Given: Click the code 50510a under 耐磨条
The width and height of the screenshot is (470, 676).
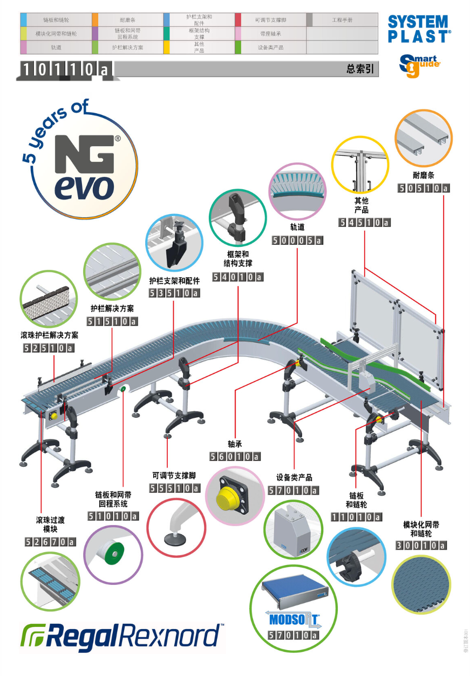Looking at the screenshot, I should pyautogui.click(x=424, y=188).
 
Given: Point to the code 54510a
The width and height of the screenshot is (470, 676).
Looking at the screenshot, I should pyautogui.click(x=364, y=222).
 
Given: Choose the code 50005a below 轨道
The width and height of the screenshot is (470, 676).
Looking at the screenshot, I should pyautogui.click(x=297, y=240).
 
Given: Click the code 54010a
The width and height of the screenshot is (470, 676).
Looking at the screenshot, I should pyautogui.click(x=237, y=277).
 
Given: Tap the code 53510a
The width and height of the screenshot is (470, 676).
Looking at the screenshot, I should pyautogui.click(x=174, y=293).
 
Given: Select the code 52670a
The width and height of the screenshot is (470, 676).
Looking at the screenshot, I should pyautogui.click(x=50, y=542).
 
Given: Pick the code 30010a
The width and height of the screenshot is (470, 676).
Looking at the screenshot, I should pyautogui.click(x=421, y=546).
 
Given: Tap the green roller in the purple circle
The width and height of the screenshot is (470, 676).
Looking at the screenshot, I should pyautogui.click(x=114, y=554).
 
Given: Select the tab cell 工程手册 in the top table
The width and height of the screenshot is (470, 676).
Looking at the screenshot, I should pyautogui.click(x=342, y=20).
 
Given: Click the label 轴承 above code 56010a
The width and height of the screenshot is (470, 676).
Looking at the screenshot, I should pyautogui.click(x=235, y=444).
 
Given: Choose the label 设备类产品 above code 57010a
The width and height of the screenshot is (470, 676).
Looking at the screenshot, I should pyautogui.click(x=294, y=478).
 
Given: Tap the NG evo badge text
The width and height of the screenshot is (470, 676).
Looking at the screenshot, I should pyautogui.click(x=85, y=167).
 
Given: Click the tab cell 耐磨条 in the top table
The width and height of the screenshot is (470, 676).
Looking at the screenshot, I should pyautogui.click(x=127, y=20).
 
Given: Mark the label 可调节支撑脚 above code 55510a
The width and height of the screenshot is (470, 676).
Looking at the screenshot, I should pyautogui.click(x=174, y=476).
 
